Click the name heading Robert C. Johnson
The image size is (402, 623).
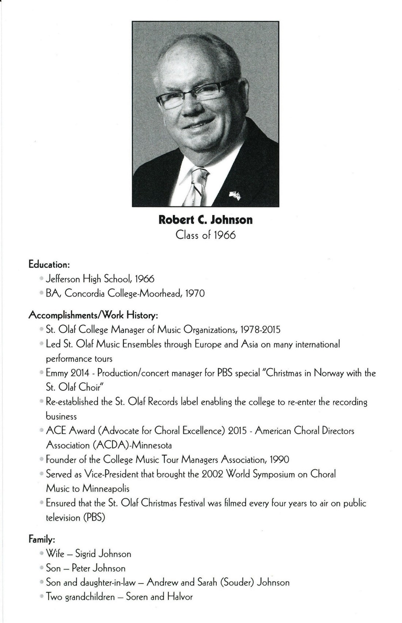click(x=205, y=220)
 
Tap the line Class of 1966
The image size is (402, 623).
click(x=205, y=235)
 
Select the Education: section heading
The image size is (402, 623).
click(x=49, y=264)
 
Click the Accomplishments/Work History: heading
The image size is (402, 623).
click(x=93, y=315)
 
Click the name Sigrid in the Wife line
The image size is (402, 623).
click(x=86, y=554)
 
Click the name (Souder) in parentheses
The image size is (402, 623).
click(x=237, y=582)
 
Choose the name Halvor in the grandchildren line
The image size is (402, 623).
click(x=180, y=597)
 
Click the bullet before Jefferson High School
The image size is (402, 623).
click(x=42, y=279)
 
